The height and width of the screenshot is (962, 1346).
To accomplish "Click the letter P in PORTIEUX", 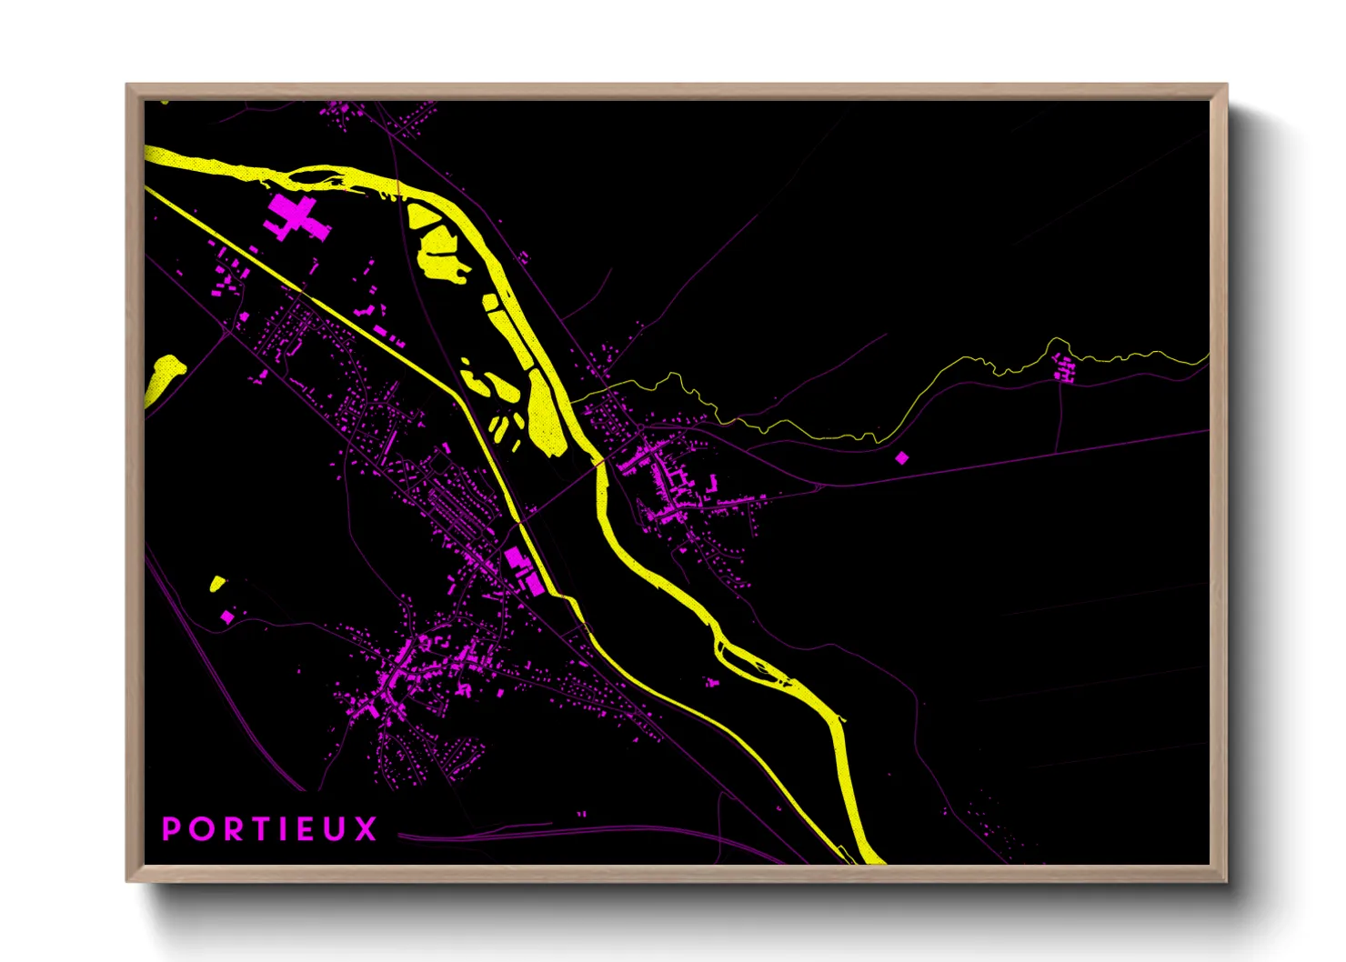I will [170, 829].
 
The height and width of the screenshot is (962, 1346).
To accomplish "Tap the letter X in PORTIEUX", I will [366, 829].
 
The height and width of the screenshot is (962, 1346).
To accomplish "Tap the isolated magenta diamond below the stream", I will [901, 457].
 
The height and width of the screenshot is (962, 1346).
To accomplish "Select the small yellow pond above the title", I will [217, 583].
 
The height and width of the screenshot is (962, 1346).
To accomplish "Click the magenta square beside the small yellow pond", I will [226, 616].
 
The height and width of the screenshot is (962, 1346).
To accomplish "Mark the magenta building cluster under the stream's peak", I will [1063, 368].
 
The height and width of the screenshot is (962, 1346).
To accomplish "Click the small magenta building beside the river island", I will [712, 681].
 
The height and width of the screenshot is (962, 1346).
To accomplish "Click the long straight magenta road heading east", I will [1000, 459].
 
